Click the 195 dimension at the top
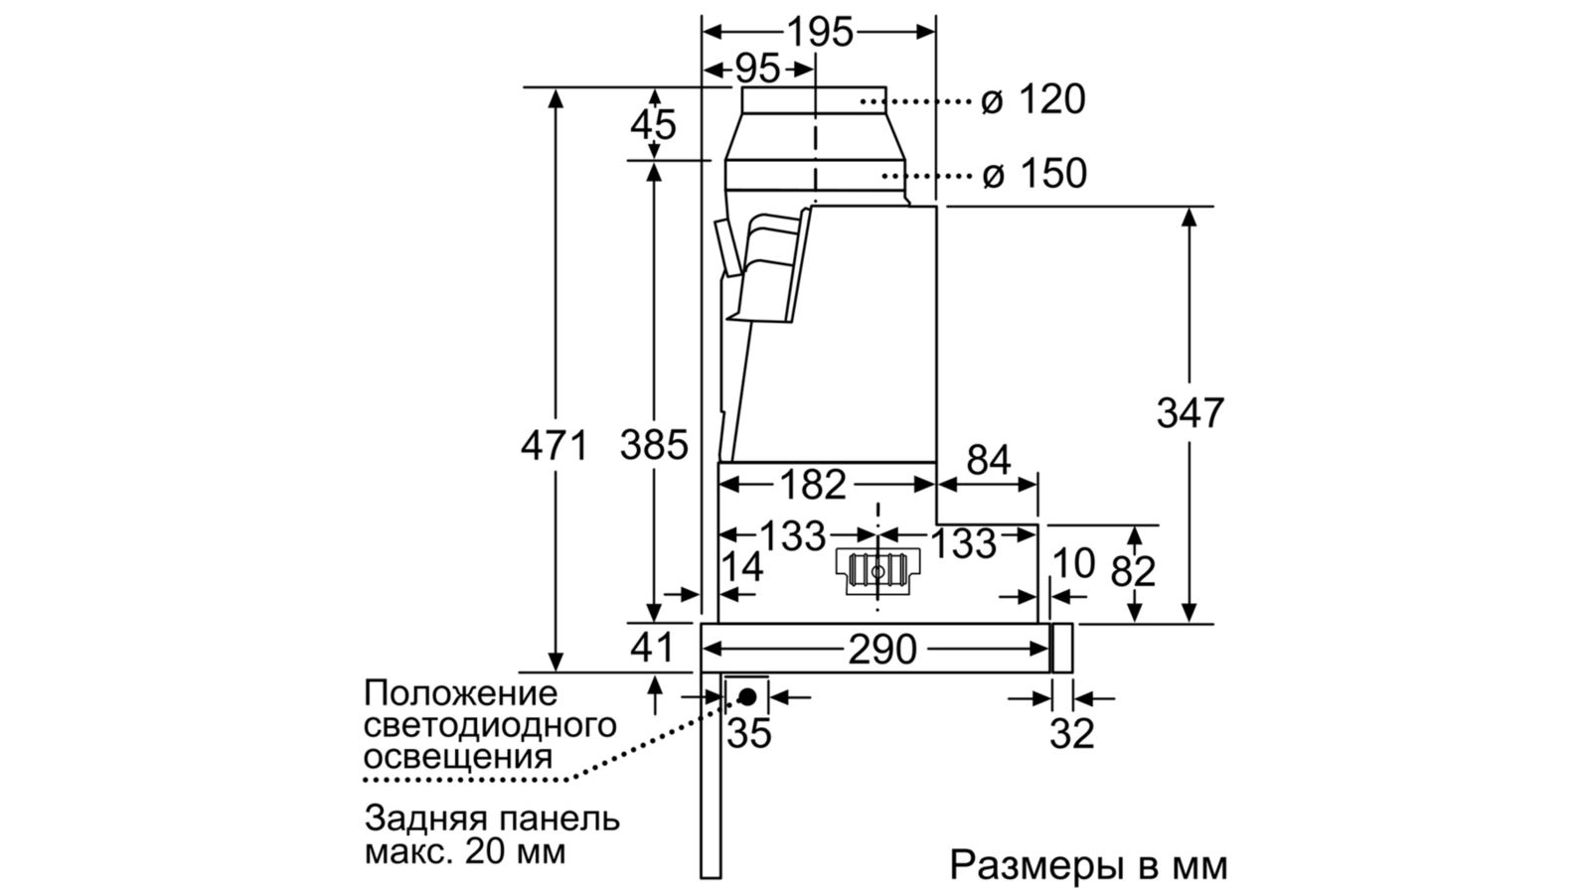(820, 32)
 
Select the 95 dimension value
(757, 69)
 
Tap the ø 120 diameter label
(1033, 100)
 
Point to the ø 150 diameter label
(1033, 174)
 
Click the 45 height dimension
(653, 125)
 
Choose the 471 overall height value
(555, 445)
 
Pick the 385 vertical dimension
(653, 445)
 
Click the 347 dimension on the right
(1190, 412)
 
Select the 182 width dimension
(812, 485)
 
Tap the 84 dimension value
(988, 460)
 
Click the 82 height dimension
(1133, 571)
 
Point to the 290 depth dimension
(881, 650)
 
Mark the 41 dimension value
(652, 648)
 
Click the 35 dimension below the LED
(749, 734)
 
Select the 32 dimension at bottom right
(1071, 734)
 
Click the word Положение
(461, 692)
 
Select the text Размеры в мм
(1088, 864)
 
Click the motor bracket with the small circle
(877, 572)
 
